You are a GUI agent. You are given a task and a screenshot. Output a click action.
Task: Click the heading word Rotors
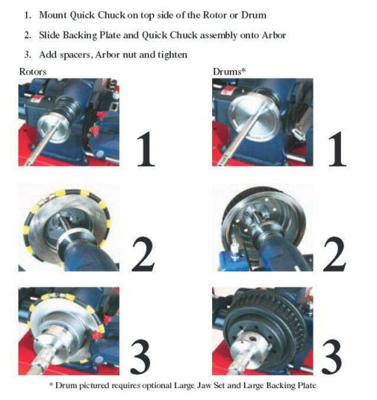[x=33, y=72]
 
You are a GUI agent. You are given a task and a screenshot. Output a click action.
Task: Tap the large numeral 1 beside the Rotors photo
[x=146, y=149]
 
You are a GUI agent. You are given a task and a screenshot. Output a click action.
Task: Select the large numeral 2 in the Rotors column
[x=143, y=255]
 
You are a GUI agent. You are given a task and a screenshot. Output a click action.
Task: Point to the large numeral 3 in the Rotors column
[x=140, y=357]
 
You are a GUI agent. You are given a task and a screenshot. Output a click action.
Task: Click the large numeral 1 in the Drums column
[x=337, y=149]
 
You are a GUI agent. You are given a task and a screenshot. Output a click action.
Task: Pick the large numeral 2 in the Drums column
[x=335, y=255]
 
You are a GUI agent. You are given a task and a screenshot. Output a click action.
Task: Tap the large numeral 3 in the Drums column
[x=332, y=357]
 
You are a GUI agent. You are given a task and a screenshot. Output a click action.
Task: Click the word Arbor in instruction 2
[x=274, y=35]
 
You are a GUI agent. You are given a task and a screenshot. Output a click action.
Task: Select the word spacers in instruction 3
[x=75, y=55]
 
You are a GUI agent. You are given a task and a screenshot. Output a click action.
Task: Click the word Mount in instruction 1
[x=53, y=15]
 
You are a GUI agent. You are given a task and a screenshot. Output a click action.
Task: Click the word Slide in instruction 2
[x=50, y=35]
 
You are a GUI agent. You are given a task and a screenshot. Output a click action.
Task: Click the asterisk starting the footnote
[x=51, y=384]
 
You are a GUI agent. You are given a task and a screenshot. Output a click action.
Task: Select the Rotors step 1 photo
[x=69, y=123]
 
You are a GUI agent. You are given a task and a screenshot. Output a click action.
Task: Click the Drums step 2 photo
[x=262, y=227]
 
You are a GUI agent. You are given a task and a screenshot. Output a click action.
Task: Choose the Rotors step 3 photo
[x=69, y=331]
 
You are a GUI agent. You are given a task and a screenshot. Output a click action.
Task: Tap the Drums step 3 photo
[x=262, y=331]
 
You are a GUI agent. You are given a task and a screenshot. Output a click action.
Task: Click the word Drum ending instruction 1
[x=254, y=15]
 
